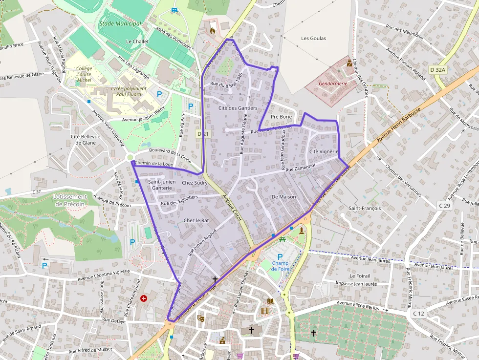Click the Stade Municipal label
tap(120, 23)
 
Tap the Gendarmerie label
tap(333, 84)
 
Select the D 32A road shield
tap(438, 70)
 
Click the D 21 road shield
tap(203, 133)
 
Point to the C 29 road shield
tap(444, 206)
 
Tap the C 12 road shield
tap(418, 313)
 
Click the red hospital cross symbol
tap(144, 298)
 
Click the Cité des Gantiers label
tap(238, 108)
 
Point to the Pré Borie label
tap(281, 117)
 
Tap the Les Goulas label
tap(313, 38)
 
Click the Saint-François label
tap(364, 208)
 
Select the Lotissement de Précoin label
tap(69, 200)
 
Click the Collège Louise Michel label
tap(84, 74)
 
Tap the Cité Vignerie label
tap(324, 151)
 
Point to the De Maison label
tap(284, 196)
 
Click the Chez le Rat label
tap(196, 220)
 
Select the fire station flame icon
tap(212, 30)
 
